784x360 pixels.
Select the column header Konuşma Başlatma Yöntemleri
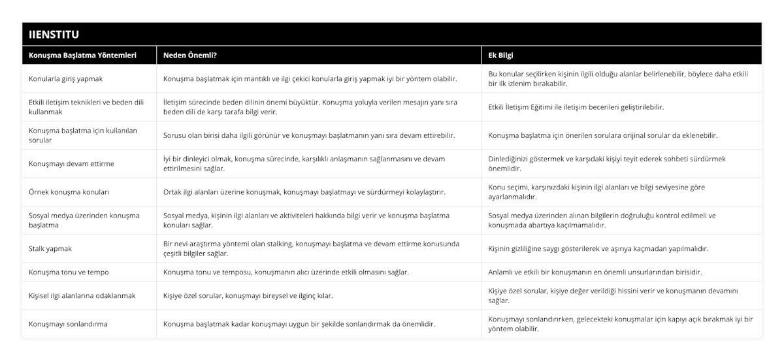click(x=83, y=56)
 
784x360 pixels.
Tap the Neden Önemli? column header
click(x=191, y=56)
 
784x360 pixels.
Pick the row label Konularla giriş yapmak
click(x=66, y=79)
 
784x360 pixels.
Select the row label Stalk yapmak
click(x=51, y=248)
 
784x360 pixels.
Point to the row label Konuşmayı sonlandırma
click(x=69, y=323)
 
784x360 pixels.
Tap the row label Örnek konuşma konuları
click(x=69, y=192)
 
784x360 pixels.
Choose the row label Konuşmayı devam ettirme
click(x=72, y=163)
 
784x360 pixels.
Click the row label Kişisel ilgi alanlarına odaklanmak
click(x=82, y=295)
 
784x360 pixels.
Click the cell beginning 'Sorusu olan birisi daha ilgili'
click(x=309, y=135)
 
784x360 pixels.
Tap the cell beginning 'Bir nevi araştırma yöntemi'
click(x=311, y=248)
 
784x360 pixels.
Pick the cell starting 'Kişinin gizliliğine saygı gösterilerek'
click(x=598, y=248)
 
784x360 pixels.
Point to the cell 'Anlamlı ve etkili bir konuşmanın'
click(x=595, y=272)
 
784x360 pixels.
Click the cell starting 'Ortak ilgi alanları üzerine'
click(x=304, y=192)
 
